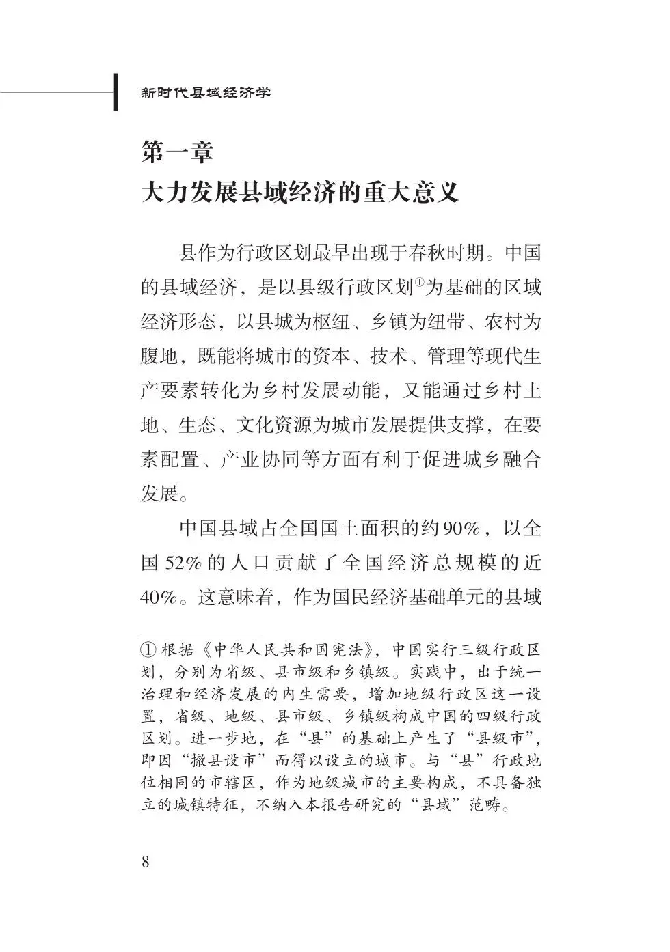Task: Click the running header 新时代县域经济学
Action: pos(206,92)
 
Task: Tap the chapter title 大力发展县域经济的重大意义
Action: pos(299,193)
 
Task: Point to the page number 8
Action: pos(144,860)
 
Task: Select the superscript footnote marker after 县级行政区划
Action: pos(418,282)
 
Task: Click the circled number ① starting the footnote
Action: pos(148,648)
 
